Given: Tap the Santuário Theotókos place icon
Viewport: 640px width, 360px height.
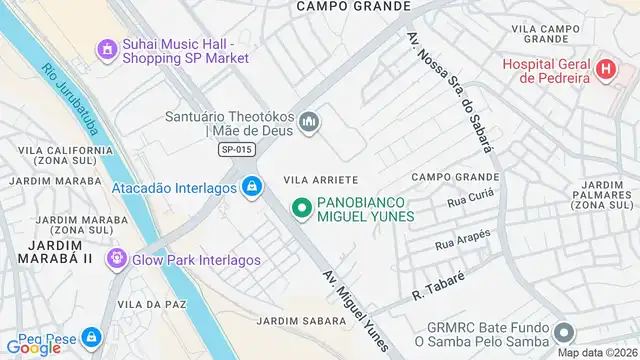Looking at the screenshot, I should pyautogui.click(x=310, y=122).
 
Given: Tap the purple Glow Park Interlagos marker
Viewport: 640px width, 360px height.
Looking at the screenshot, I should pyautogui.click(x=116, y=259).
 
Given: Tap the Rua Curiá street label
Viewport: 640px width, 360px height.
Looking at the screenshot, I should pyautogui.click(x=470, y=202).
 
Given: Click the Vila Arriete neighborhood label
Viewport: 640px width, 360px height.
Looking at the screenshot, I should pyautogui.click(x=321, y=179).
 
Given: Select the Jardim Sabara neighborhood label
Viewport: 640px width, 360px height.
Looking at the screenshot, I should pyautogui.click(x=301, y=321).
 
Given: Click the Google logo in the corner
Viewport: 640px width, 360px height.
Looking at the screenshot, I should pyautogui.click(x=33, y=347).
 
